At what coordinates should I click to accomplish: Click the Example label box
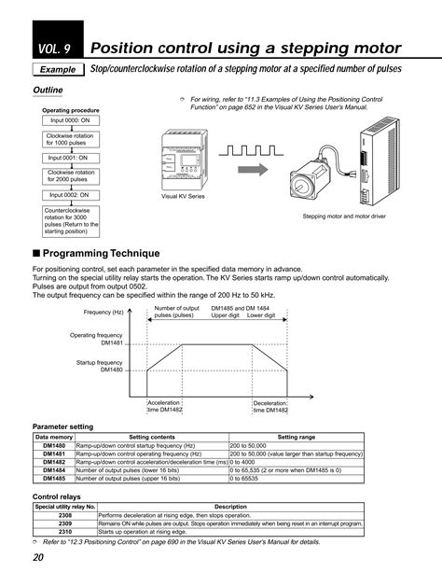coord(57,70)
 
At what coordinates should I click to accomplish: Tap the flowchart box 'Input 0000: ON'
coord(69,120)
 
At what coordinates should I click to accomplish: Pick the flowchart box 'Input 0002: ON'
coord(69,195)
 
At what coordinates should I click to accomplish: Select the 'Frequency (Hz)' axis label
coord(104,312)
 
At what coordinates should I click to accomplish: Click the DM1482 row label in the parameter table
coord(53,462)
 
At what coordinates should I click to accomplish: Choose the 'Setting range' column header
coord(296,437)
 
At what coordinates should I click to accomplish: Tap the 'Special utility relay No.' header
coord(65,506)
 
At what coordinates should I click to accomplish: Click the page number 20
coord(38,557)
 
